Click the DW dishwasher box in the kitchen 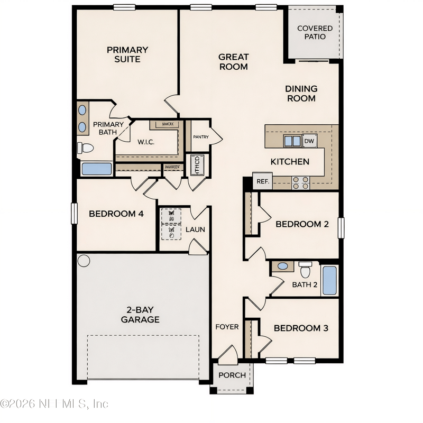pos(309,141)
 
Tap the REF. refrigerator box pos(262,181)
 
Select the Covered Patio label pos(315,32)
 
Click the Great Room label pos(233,62)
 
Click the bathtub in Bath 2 pos(329,281)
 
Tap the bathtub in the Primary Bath pos(97,169)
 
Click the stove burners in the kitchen pos(301,182)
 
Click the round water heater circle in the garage pos(84,261)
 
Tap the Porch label pos(232,375)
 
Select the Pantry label pos(200,137)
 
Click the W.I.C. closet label pos(145,142)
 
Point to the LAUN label pos(195,229)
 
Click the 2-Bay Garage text pos(140,315)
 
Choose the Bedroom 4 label pos(116,214)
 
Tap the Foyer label pos(227,327)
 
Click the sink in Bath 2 pos(283,266)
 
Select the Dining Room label pos(301,94)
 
